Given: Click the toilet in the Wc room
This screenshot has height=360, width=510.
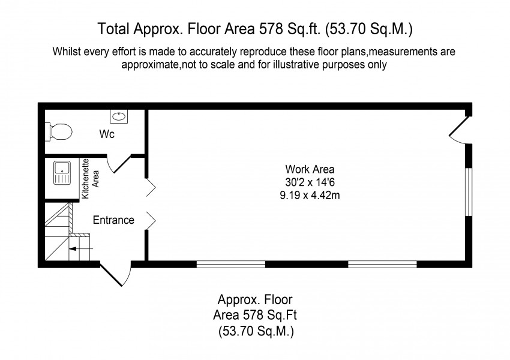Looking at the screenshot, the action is pos(59,132).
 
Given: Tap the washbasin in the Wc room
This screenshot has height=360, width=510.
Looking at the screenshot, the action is pos(119,116).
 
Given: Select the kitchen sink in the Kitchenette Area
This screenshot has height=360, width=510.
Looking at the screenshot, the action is pos(62,173).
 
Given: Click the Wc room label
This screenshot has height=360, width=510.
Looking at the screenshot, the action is pos(107,134).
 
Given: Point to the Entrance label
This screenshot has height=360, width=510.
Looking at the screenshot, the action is pos(113,220).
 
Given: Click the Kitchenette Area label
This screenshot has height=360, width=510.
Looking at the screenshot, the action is pos(91,179).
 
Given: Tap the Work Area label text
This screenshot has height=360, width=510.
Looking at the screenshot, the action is pos(310,169).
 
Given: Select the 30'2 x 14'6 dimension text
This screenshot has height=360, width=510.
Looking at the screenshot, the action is pos(310,182).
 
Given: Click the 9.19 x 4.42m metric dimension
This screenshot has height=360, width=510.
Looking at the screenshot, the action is pos(310,196).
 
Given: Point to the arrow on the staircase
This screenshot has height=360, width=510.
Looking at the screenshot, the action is pos(81,249).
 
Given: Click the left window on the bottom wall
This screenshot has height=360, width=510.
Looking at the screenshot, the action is pos(231,264).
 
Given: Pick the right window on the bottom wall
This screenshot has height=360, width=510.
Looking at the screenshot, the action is pos(383,264).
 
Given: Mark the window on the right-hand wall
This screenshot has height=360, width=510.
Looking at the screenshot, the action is pos(469,192).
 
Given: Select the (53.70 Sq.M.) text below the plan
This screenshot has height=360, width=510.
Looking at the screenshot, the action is pos(256,331).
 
